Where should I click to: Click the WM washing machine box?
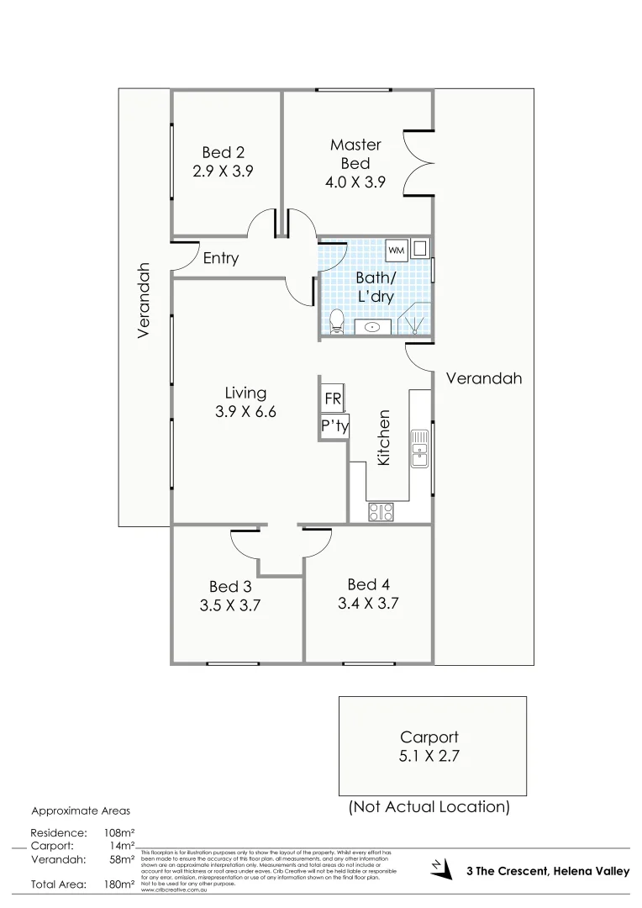[396, 250]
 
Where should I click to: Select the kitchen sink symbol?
[418, 447]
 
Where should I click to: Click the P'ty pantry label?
[334, 426]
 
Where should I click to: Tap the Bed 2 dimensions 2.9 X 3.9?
[224, 169]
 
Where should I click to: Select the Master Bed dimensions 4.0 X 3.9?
[355, 182]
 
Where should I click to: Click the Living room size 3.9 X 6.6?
[245, 412]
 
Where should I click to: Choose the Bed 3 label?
[229, 586]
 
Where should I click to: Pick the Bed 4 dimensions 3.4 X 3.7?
[367, 603]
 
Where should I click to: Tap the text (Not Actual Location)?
[429, 807]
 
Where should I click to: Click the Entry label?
[221, 259]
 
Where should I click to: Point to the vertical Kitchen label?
[384, 438]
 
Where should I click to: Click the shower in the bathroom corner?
[418, 322]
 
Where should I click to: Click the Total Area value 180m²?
[118, 884]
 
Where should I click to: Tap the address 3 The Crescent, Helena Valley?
[547, 872]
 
